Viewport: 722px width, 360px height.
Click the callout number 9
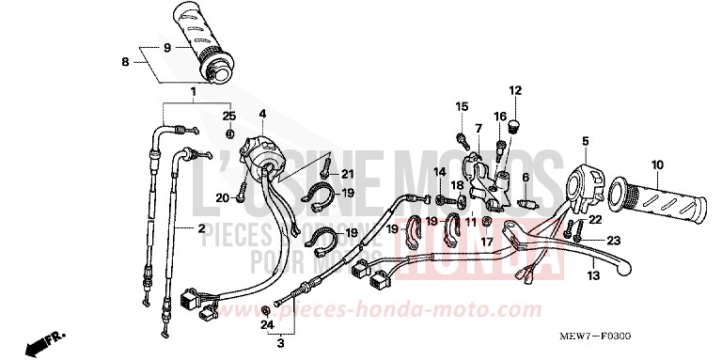pyautogui.click(x=166, y=48)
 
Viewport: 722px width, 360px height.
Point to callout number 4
pyautogui.click(x=263, y=115)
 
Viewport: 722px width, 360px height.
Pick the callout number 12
pyautogui.click(x=515, y=90)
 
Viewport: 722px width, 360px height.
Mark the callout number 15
pyautogui.click(x=462, y=105)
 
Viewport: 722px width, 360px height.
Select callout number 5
pyautogui.click(x=585, y=142)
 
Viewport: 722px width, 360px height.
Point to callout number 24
pyautogui.click(x=266, y=325)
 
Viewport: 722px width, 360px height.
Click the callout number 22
pyautogui.click(x=594, y=220)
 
